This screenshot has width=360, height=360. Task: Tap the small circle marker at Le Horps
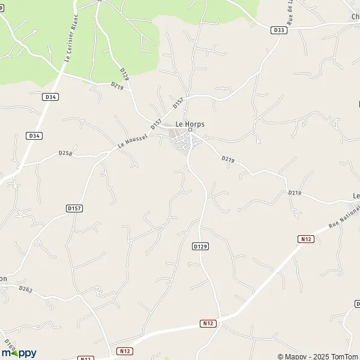pos(190,130)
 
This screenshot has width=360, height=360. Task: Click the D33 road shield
pos(277,29)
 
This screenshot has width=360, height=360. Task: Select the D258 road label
pos(65,154)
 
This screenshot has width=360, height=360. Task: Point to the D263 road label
pos(25,289)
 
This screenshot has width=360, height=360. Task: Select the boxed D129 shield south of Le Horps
pos(200,246)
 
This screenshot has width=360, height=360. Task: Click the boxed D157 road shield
pos(74,208)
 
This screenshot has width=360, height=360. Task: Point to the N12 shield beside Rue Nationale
pos(305,239)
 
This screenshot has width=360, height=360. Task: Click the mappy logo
pos(19,352)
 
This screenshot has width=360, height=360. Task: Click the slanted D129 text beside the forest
pos(125,73)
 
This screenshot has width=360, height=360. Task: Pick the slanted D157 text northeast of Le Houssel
pos(178,103)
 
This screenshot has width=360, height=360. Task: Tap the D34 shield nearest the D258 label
pos(34,136)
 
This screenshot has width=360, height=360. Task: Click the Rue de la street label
pos(290,10)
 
